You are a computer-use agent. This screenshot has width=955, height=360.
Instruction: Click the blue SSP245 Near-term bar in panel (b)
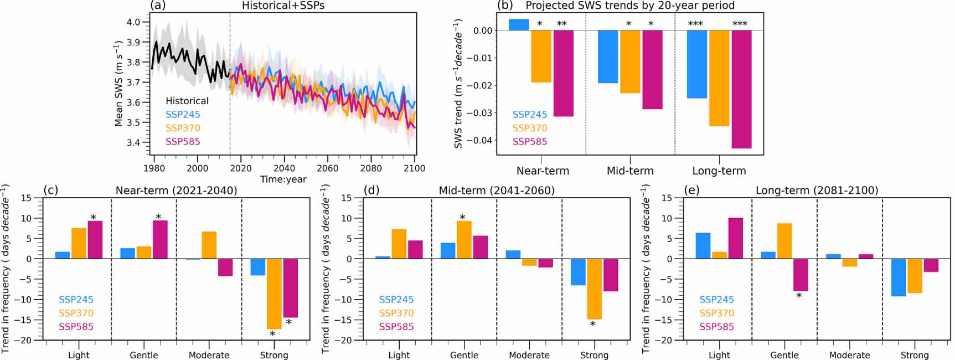tap(519, 25)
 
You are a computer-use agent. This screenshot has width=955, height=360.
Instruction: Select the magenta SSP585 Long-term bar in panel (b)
tap(741, 89)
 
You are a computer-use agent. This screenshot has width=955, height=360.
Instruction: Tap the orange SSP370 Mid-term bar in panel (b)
tap(630, 61)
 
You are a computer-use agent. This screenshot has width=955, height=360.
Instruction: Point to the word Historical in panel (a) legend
tap(187, 101)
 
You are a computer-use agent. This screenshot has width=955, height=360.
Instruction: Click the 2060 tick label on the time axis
tap(328, 168)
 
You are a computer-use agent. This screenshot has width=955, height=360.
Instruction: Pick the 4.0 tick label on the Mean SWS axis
tap(133, 22)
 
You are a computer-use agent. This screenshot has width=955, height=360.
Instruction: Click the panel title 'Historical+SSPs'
tap(283, 6)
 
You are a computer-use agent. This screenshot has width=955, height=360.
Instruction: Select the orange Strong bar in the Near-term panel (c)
tap(274, 294)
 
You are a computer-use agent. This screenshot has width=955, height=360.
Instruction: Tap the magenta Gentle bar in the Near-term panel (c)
tap(160, 239)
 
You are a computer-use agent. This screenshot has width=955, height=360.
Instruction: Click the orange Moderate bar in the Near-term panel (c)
tap(209, 245)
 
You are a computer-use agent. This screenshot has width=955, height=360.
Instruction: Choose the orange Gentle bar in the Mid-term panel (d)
tap(464, 240)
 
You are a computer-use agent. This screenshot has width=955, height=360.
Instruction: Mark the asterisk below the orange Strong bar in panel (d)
tap(592, 325)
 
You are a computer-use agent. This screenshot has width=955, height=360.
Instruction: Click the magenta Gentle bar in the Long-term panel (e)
tap(801, 275)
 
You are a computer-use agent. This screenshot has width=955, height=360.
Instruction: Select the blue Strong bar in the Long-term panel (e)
tap(899, 277)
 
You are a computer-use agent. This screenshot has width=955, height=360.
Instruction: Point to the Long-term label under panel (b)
tap(719, 171)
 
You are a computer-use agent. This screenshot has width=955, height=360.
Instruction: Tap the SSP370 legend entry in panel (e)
tap(716, 313)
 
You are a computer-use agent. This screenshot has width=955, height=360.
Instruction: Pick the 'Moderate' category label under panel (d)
tap(529, 355)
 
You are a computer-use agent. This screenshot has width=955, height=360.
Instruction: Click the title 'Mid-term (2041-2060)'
tap(497, 191)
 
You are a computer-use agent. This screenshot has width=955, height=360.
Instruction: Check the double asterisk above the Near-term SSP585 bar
tap(562, 24)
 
